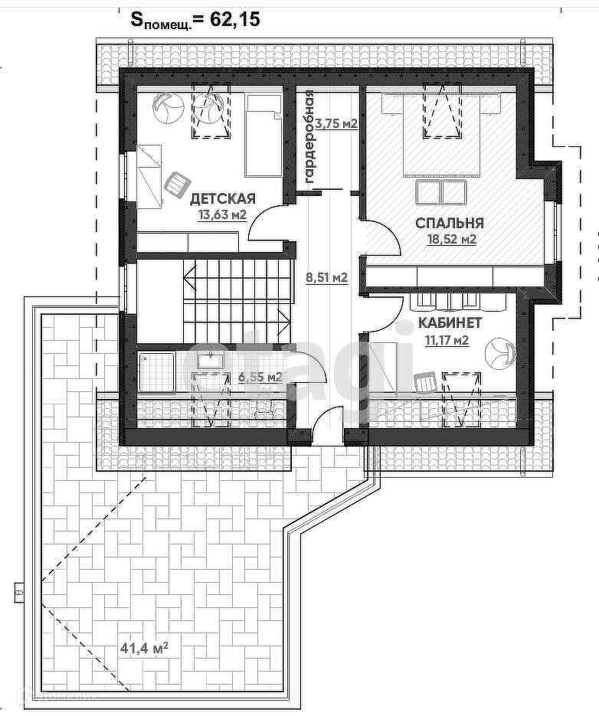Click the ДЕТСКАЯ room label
coord(223,198)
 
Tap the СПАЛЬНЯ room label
coord(450,223)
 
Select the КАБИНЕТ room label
coord(450,323)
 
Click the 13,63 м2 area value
coord(222,214)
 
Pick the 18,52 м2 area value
coord(452,240)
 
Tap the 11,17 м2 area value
coord(447,340)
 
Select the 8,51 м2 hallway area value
coord(326,276)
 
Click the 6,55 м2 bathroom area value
coord(260,378)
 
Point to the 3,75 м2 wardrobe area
coord(337,124)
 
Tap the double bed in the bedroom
coord(441,134)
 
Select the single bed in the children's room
coord(263,136)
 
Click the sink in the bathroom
coord(210,360)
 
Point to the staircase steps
coord(237,300)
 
